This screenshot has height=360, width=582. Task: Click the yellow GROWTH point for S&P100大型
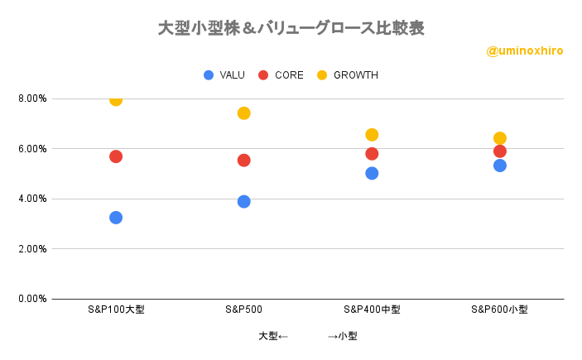click(x=116, y=99)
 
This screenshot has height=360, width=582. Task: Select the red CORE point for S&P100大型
click(x=116, y=156)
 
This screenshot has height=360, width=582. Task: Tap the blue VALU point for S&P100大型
click(x=116, y=218)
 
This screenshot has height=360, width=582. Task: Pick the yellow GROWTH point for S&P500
click(x=244, y=113)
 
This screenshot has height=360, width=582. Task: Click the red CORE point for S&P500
click(x=244, y=161)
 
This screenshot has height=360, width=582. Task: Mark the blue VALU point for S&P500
click(x=244, y=202)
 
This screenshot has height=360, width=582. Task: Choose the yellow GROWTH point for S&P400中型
click(x=372, y=135)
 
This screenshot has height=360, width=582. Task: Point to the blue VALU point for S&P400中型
click(x=372, y=174)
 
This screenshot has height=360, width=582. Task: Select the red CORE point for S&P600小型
click(x=500, y=151)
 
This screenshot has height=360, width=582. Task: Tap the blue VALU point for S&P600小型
click(x=500, y=166)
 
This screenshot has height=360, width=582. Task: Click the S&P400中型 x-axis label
click(x=372, y=310)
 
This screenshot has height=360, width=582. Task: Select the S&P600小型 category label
click(x=500, y=310)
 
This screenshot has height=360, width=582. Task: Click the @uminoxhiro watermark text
click(x=525, y=51)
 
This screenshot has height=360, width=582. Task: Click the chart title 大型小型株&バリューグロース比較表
click(x=291, y=28)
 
